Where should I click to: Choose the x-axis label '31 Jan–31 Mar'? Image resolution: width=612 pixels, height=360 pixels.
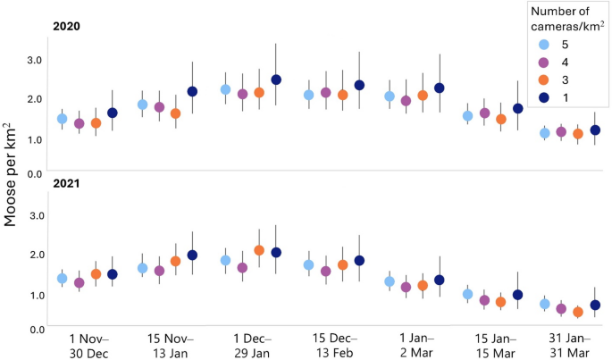coord(572,345)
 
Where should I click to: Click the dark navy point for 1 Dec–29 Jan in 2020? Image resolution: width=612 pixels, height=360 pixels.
coord(276,80)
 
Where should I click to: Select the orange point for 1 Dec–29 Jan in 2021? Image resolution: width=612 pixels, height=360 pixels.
coord(259,250)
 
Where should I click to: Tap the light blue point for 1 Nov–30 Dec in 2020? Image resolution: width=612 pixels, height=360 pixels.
coord(62,119)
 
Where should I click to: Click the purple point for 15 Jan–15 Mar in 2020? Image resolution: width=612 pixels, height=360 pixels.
coord(484,113)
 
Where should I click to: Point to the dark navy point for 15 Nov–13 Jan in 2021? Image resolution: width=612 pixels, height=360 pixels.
coord(191,255)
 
